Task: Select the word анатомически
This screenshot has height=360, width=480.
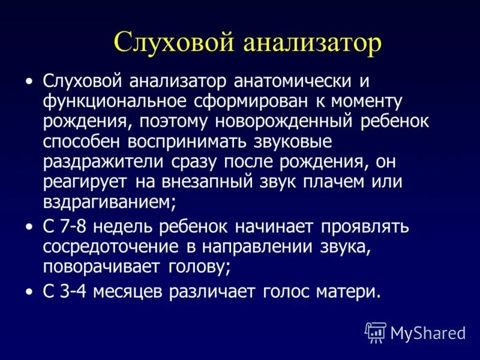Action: (x=291, y=81)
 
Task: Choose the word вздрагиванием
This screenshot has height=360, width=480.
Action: (x=106, y=203)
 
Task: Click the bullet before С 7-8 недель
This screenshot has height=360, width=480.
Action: (x=30, y=227)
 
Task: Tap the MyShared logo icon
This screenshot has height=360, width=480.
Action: (x=376, y=332)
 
